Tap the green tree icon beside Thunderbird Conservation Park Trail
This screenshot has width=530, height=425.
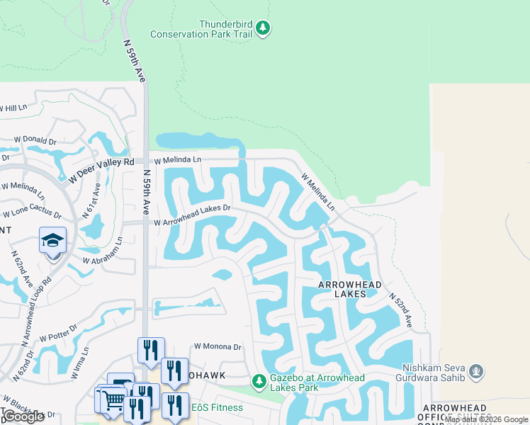(x=264, y=28)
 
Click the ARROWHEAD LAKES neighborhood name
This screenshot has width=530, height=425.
(x=350, y=289)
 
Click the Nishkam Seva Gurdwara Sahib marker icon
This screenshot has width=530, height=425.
(x=476, y=370)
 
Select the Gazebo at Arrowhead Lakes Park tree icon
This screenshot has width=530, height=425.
(x=259, y=381)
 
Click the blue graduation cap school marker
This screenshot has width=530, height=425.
(x=52, y=241)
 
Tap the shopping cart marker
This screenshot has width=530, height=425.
(x=112, y=400)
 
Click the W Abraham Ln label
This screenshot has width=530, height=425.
(x=103, y=251)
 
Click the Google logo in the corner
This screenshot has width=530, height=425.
(x=24, y=416)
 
